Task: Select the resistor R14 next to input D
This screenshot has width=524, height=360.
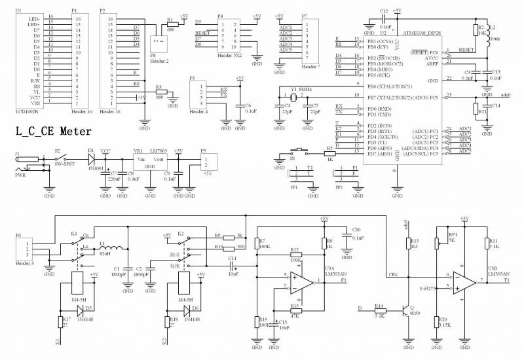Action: coord(379,311)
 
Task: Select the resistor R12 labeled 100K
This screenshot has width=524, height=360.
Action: coord(295,255)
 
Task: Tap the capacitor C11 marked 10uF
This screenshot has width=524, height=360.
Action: coord(233,266)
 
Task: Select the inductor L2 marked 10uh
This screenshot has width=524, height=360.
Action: coord(488,37)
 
